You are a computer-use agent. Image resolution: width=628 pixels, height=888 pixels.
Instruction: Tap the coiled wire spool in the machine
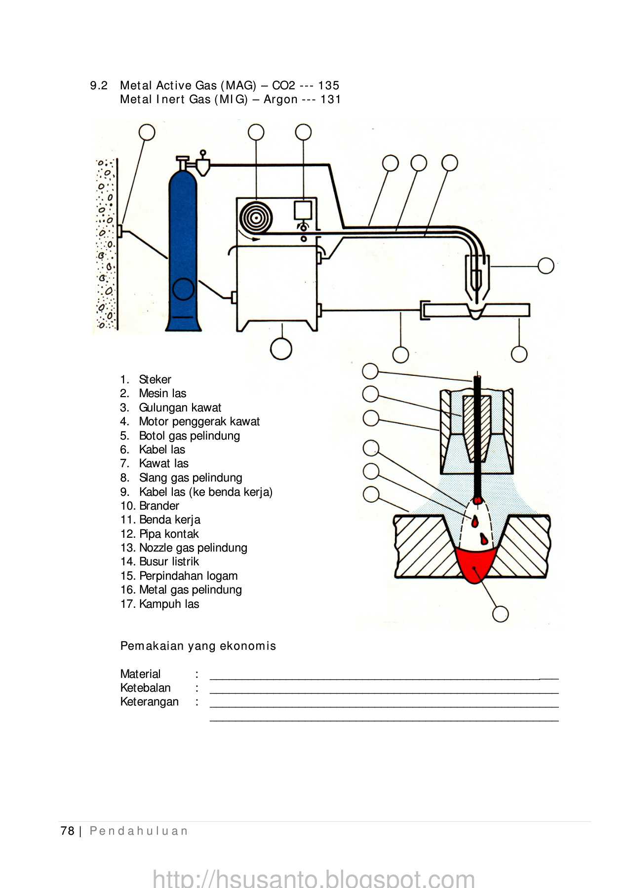[x=256, y=218]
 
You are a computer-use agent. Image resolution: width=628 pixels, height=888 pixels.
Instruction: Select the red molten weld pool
[x=475, y=564]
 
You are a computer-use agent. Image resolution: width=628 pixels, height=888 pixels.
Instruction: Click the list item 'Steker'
[x=155, y=379]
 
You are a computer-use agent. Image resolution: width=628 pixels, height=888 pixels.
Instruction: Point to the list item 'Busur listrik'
[x=169, y=561]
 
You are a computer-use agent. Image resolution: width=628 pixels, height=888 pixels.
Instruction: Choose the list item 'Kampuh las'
[x=169, y=604]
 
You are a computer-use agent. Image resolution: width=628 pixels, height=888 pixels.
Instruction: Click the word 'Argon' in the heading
[x=280, y=99]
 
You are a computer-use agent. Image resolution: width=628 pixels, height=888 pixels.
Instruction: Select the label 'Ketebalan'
[x=145, y=688]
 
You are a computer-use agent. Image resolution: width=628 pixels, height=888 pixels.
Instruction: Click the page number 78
[x=67, y=831]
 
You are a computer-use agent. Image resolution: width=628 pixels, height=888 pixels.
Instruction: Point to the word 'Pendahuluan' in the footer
[x=139, y=831]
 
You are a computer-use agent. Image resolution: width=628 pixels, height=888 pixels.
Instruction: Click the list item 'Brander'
[x=159, y=506]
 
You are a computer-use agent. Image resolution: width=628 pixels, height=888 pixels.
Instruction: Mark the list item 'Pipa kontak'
[x=169, y=534]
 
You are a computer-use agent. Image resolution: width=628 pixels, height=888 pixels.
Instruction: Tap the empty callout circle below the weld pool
[x=500, y=614]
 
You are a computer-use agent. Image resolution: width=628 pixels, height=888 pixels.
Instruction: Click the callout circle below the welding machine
[x=281, y=349]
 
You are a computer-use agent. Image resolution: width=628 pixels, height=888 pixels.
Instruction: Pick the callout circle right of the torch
[x=546, y=266]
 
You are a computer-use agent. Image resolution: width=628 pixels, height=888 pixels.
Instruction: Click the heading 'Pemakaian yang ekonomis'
[x=198, y=646]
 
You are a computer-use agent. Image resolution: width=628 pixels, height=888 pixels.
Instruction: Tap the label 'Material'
[x=140, y=674]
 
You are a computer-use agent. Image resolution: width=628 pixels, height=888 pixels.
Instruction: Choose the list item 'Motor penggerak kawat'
[x=199, y=421]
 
